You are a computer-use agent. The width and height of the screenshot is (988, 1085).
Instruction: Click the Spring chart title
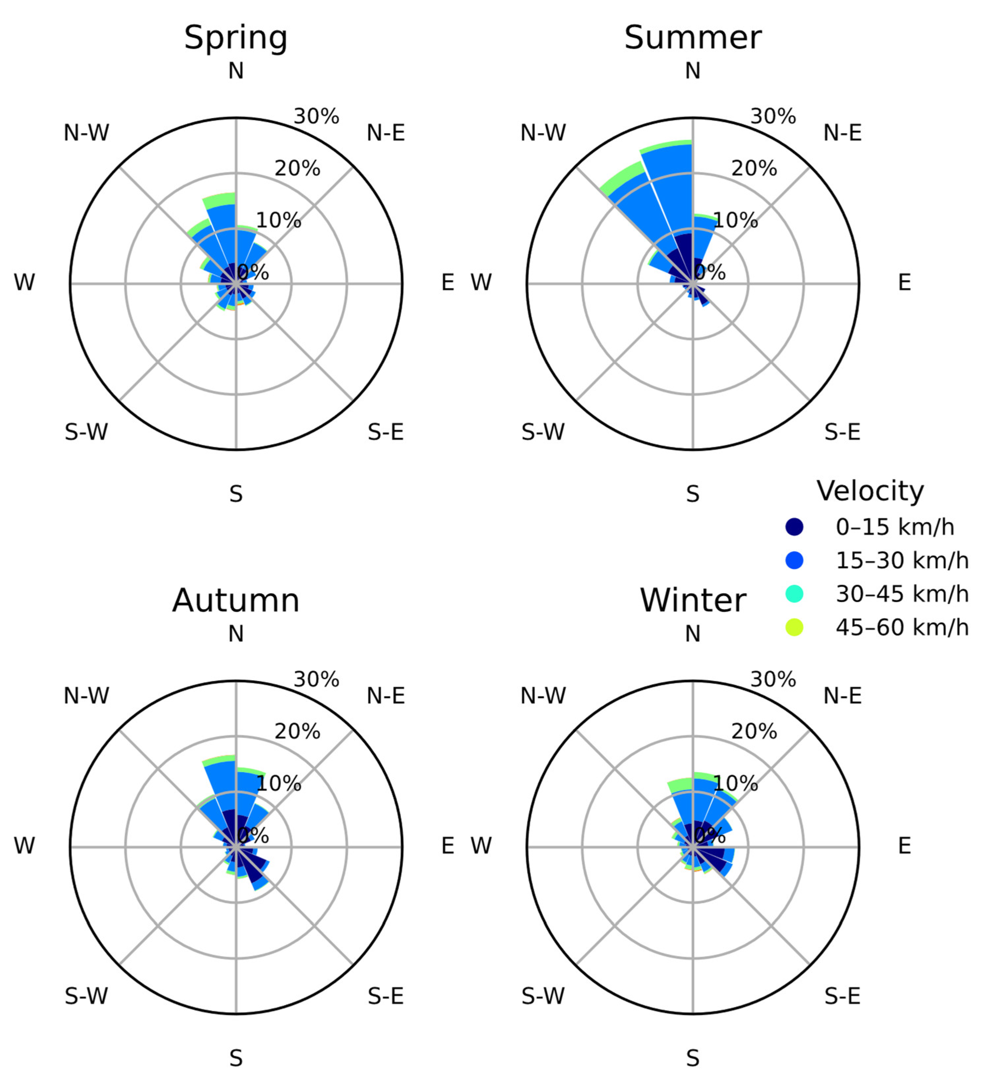click(236, 38)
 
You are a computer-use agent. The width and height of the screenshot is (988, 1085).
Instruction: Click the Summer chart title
click(693, 38)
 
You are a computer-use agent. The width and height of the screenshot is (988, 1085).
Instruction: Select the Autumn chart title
click(236, 601)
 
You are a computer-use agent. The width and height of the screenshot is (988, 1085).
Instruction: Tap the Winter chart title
click(693, 601)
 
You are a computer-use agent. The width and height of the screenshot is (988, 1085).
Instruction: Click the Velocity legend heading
click(870, 491)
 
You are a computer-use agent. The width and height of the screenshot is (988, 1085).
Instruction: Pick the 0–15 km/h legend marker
click(794, 527)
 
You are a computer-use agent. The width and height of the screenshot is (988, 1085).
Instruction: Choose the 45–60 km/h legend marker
click(794, 628)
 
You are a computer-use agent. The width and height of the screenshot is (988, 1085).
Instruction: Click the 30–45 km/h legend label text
click(902, 594)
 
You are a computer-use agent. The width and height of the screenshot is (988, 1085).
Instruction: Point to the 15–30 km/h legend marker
click(794, 561)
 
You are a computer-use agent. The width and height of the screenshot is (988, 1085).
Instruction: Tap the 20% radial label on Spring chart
click(297, 169)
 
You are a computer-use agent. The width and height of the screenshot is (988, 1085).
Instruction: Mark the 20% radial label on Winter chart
click(754, 731)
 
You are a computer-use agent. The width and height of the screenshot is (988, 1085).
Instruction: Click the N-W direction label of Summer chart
click(543, 132)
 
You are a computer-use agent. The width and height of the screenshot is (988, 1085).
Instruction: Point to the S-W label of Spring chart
click(86, 432)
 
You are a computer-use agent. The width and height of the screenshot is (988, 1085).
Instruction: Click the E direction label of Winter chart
click(905, 846)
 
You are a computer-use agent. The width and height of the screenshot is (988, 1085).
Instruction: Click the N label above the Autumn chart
click(236, 634)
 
